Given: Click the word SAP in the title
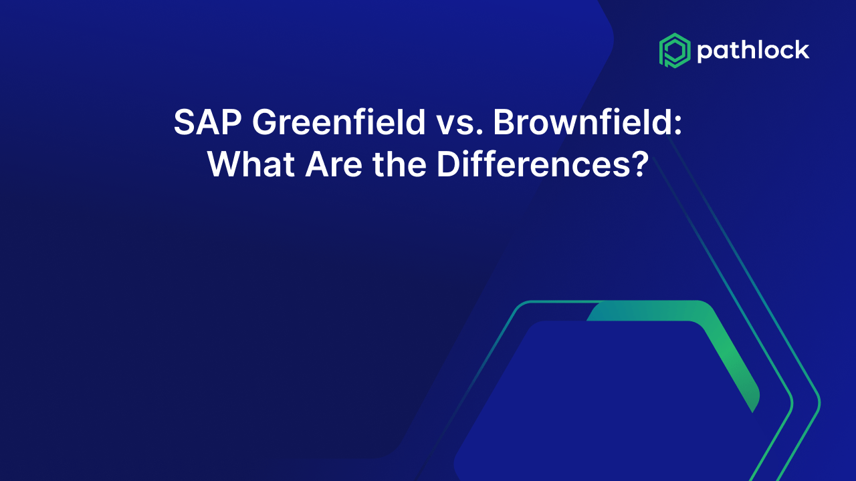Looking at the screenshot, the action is click(207, 122).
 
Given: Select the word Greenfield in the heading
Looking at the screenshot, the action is click(338, 122).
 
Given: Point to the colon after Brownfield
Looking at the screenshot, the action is click(678, 125).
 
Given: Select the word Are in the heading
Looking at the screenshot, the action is click(334, 164).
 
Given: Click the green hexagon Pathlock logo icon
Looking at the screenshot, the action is click(675, 50).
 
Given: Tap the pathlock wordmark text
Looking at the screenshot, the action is click(753, 51).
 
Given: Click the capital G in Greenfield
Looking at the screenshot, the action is click(265, 122).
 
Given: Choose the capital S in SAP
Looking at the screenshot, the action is click(185, 122).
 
